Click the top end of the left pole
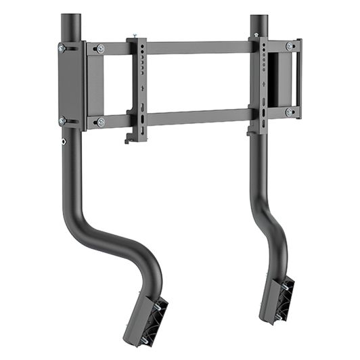[x=71, y=17]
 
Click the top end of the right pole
[x=260, y=18]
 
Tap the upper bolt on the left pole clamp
[x=62, y=48]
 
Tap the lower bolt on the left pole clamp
[x=62, y=120]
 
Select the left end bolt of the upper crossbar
[x=100, y=49]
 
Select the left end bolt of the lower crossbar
[x=100, y=122]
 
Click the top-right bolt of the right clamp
[x=290, y=46]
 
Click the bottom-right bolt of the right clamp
[x=290, y=112]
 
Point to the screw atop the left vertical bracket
[x=137, y=35]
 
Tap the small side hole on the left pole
[x=64, y=142]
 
